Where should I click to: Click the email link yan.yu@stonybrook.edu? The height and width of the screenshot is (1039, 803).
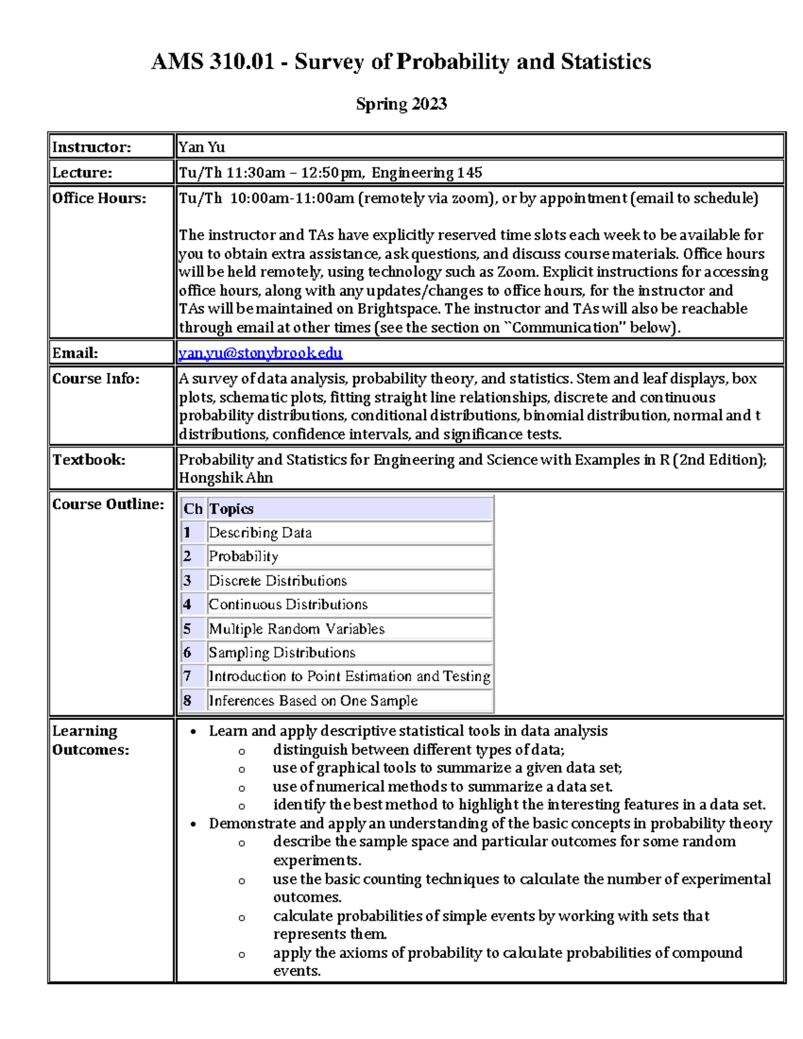260,353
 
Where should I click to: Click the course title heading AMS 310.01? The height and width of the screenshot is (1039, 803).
401,62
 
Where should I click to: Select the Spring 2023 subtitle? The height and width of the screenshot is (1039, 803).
401,104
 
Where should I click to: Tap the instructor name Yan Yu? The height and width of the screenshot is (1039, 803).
201,147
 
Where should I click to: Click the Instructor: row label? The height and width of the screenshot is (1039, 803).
92,147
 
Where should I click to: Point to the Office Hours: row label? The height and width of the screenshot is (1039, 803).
98,198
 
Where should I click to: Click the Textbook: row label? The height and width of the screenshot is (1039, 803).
88,460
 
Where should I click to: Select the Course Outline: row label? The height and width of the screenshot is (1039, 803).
108,504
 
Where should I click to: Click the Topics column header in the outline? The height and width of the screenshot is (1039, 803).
231,509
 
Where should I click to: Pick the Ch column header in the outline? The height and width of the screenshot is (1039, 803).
193,509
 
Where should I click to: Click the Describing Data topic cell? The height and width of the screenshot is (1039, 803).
260,533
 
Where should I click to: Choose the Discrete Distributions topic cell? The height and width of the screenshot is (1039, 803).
278,581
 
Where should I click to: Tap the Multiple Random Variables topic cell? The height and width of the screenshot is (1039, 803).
296,629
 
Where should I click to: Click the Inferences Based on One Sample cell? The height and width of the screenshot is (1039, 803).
313,700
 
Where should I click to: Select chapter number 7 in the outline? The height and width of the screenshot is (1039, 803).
187,676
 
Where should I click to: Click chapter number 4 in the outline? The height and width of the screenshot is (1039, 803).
187,605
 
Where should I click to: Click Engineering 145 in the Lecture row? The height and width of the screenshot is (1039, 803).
427,173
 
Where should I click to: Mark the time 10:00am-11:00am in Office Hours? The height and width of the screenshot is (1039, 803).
292,198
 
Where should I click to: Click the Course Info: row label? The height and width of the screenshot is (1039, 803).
96,379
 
